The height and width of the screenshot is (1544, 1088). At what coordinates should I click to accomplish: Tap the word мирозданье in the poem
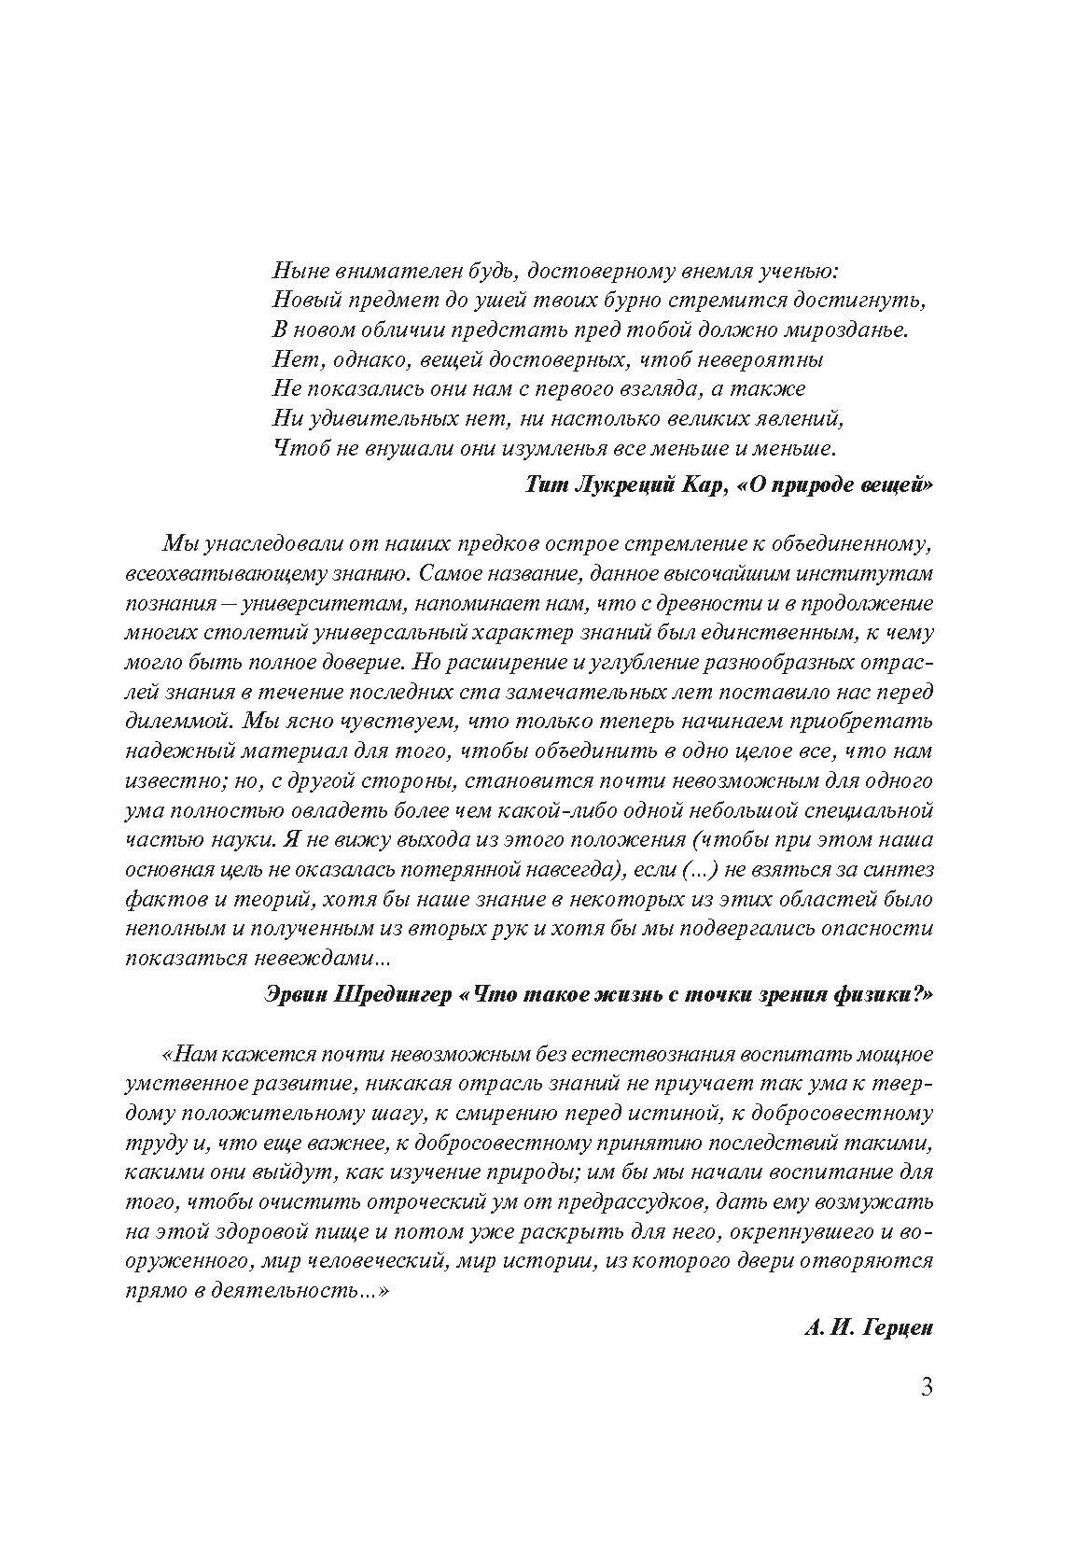coord(850,330)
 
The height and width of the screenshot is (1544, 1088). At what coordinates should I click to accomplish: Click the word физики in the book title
coord(886,995)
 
